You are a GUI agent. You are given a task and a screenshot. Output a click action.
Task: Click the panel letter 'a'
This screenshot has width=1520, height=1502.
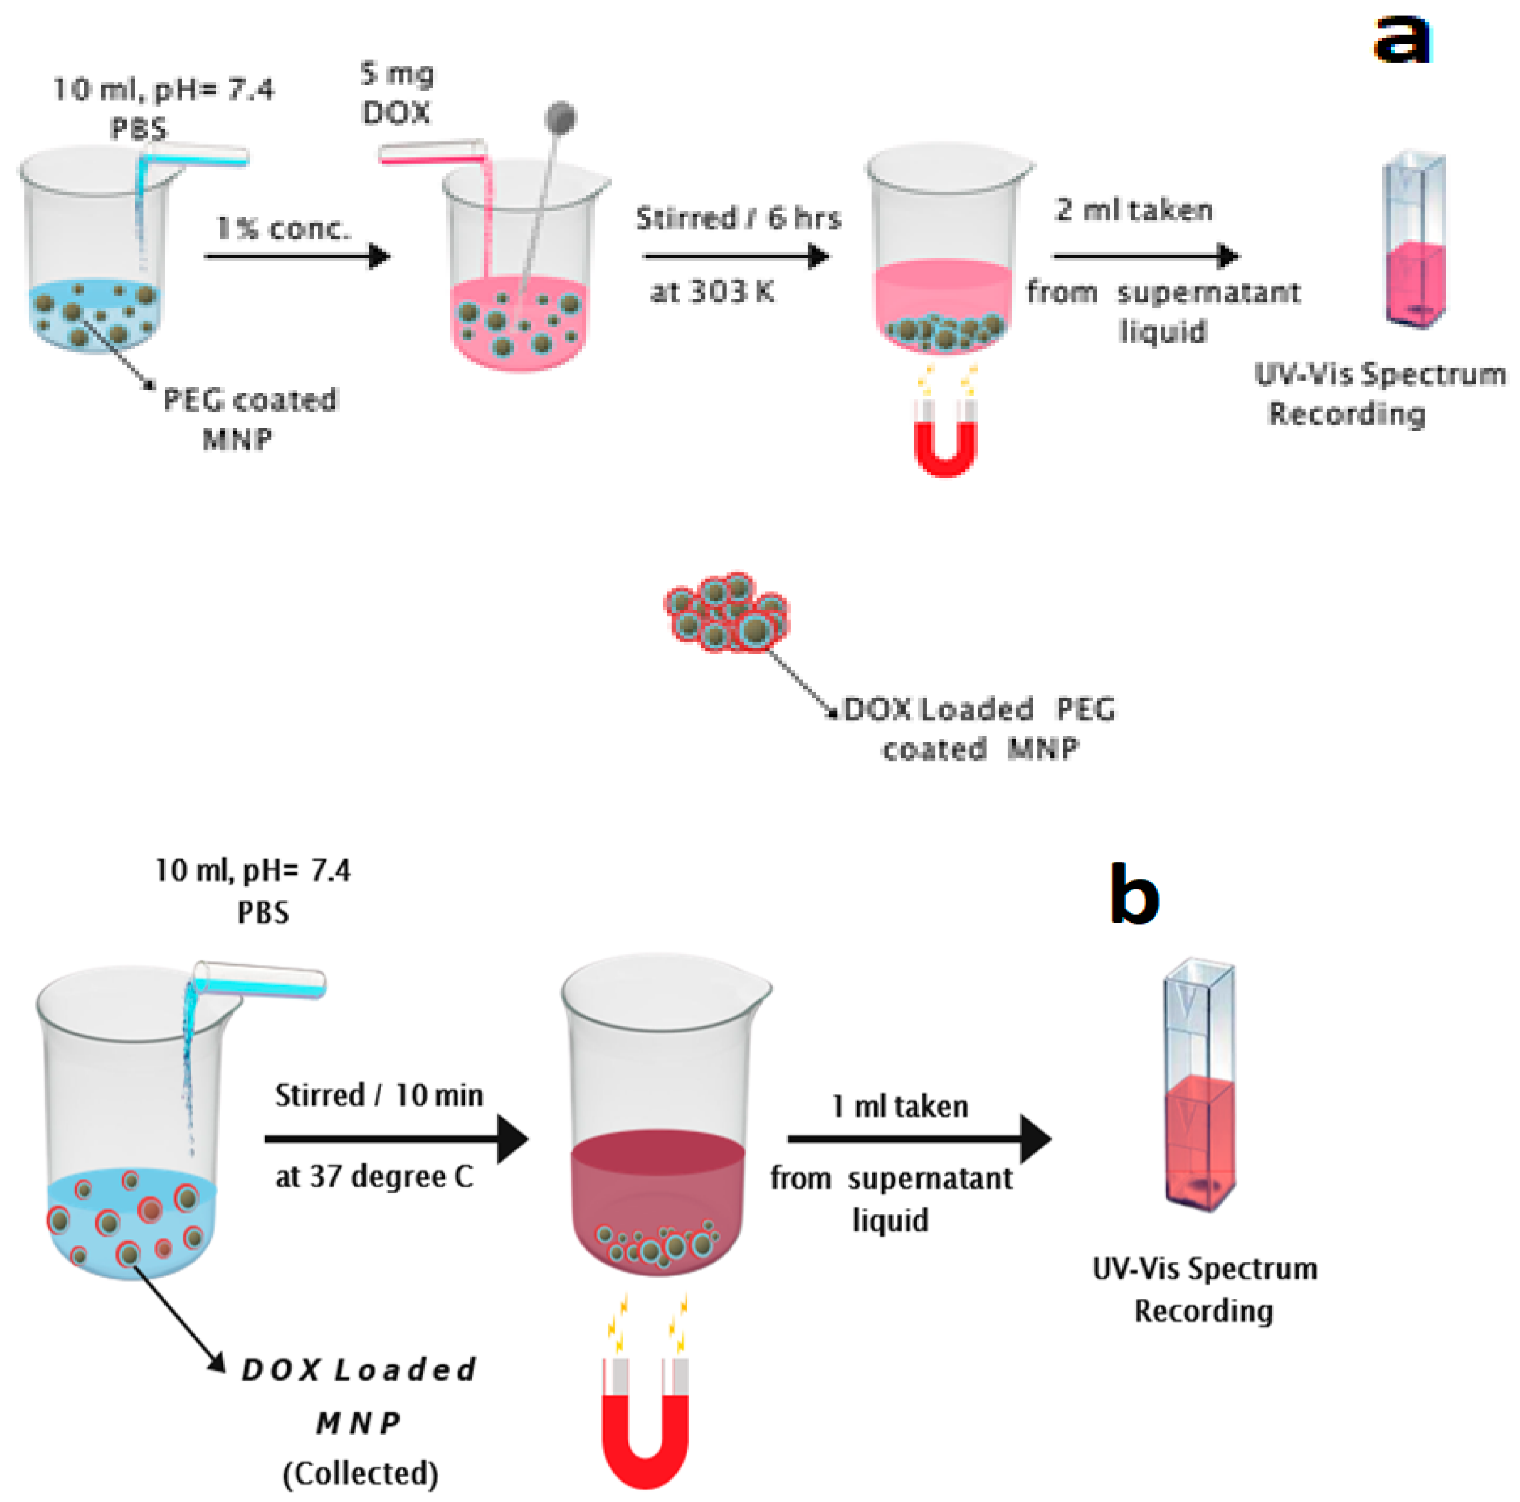point(1403,39)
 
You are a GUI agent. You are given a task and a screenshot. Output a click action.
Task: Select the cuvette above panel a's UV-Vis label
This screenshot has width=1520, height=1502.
point(1414,240)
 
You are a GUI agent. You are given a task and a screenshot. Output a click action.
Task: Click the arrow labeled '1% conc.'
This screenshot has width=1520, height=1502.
point(297,256)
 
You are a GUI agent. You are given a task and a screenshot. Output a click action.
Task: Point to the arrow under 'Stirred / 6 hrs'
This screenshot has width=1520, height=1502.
point(735,256)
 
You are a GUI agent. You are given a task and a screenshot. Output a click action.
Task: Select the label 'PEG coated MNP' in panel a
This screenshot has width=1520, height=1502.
point(249,418)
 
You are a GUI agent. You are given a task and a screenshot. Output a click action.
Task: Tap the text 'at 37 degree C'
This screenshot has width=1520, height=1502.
point(374,1176)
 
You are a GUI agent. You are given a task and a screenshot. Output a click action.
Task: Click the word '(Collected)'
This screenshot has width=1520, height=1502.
point(360,1473)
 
